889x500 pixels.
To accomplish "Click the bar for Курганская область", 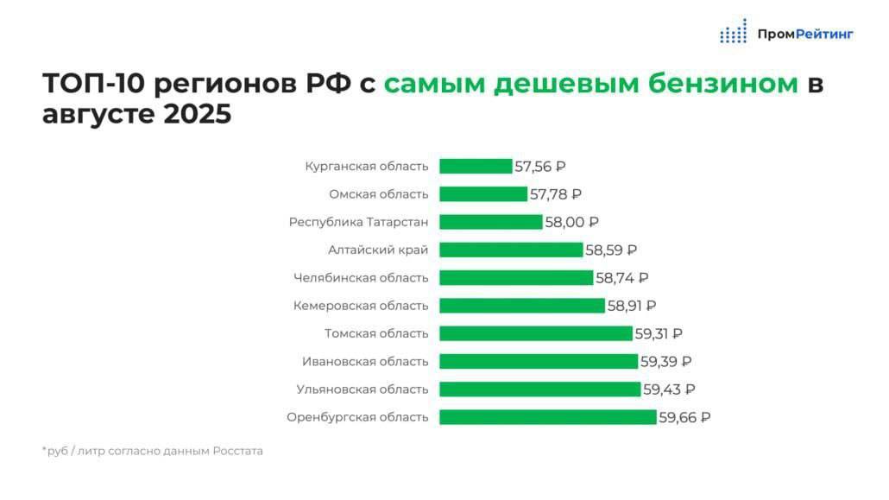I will (476, 167).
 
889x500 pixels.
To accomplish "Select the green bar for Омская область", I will (483, 194).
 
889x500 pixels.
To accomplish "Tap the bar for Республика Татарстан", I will (491, 222).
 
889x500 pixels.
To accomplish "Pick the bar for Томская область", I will (536, 333).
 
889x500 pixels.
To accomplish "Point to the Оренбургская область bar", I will (548, 417).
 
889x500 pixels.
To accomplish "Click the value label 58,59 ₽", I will (611, 250).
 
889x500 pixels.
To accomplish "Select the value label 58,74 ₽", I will (621, 278).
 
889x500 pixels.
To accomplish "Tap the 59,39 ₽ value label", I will (665, 361).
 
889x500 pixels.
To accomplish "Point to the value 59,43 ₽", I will (669, 389).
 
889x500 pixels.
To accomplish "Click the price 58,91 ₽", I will (632, 306).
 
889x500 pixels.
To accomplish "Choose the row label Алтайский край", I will (378, 250).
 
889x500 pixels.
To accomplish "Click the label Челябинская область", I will (361, 278).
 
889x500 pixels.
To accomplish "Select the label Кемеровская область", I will (361, 306).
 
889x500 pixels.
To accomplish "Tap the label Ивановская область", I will (365, 361).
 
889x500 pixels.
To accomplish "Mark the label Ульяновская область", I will (363, 389).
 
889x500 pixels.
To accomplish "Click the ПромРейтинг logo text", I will (804, 35).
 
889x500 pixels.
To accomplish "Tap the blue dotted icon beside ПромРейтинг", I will (734, 32).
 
